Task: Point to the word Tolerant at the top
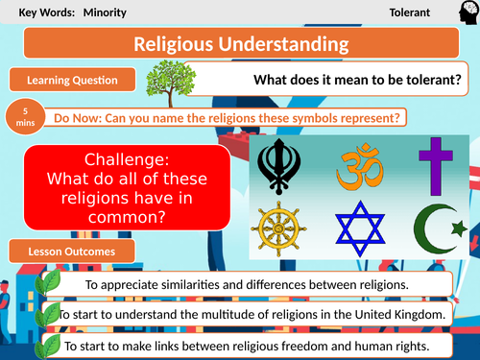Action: tap(409, 13)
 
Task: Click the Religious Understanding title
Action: tap(240, 44)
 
